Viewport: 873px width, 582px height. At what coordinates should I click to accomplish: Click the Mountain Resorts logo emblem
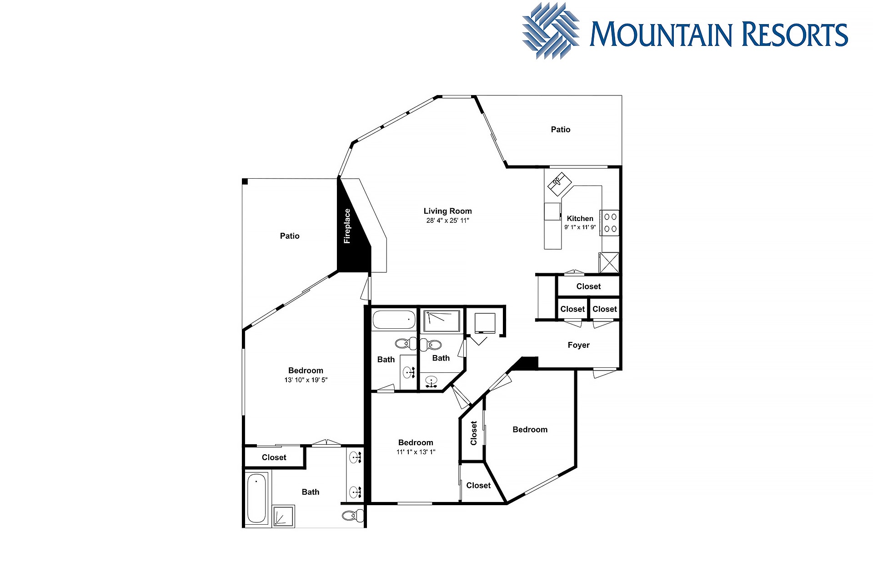pyautogui.click(x=551, y=31)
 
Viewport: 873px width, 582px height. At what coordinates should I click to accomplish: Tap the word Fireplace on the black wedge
pyautogui.click(x=347, y=226)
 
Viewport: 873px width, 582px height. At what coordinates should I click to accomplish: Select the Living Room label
pyautogui.click(x=447, y=211)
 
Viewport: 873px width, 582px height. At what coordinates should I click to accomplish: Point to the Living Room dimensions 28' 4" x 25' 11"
pyautogui.click(x=447, y=221)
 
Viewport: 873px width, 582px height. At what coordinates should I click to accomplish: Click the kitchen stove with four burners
pyautogui.click(x=610, y=223)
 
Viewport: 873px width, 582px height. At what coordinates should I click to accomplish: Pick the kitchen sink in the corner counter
pyautogui.click(x=559, y=184)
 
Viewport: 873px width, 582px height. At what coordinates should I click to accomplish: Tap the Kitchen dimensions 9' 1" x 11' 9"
pyautogui.click(x=580, y=227)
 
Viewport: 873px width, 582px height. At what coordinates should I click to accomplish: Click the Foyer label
pyautogui.click(x=578, y=345)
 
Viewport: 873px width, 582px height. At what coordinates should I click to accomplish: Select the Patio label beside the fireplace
pyautogui.click(x=290, y=236)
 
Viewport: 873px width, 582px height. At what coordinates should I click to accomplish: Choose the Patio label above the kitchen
pyautogui.click(x=560, y=130)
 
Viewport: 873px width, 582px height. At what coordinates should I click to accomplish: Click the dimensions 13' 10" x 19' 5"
pyautogui.click(x=306, y=380)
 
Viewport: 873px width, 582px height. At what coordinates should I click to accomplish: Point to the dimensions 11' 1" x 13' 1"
pyautogui.click(x=416, y=452)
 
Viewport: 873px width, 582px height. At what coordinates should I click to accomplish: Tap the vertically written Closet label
pyautogui.click(x=474, y=433)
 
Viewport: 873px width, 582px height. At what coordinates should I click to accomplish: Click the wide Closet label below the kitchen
pyautogui.click(x=588, y=286)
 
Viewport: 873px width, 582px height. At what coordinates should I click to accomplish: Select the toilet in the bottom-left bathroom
pyautogui.click(x=353, y=516)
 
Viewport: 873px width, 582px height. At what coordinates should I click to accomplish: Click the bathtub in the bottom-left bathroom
pyautogui.click(x=256, y=498)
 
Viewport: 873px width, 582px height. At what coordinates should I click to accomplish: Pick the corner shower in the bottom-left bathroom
pyautogui.click(x=283, y=517)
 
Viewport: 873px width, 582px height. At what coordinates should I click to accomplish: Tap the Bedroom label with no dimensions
pyautogui.click(x=530, y=430)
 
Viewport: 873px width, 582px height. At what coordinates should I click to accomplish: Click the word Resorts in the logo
pyautogui.click(x=794, y=35)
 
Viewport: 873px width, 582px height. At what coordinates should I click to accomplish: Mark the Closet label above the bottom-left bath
pyautogui.click(x=274, y=457)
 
